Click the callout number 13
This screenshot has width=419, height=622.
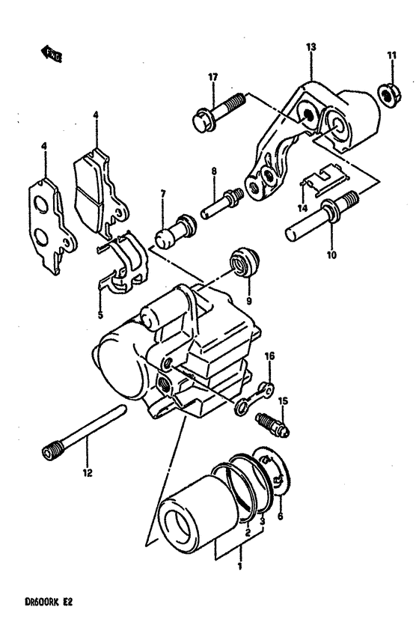pyautogui.click(x=311, y=46)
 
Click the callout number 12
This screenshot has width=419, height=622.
pyautogui.click(x=87, y=472)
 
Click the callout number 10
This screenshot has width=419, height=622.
pyautogui.click(x=331, y=254)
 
